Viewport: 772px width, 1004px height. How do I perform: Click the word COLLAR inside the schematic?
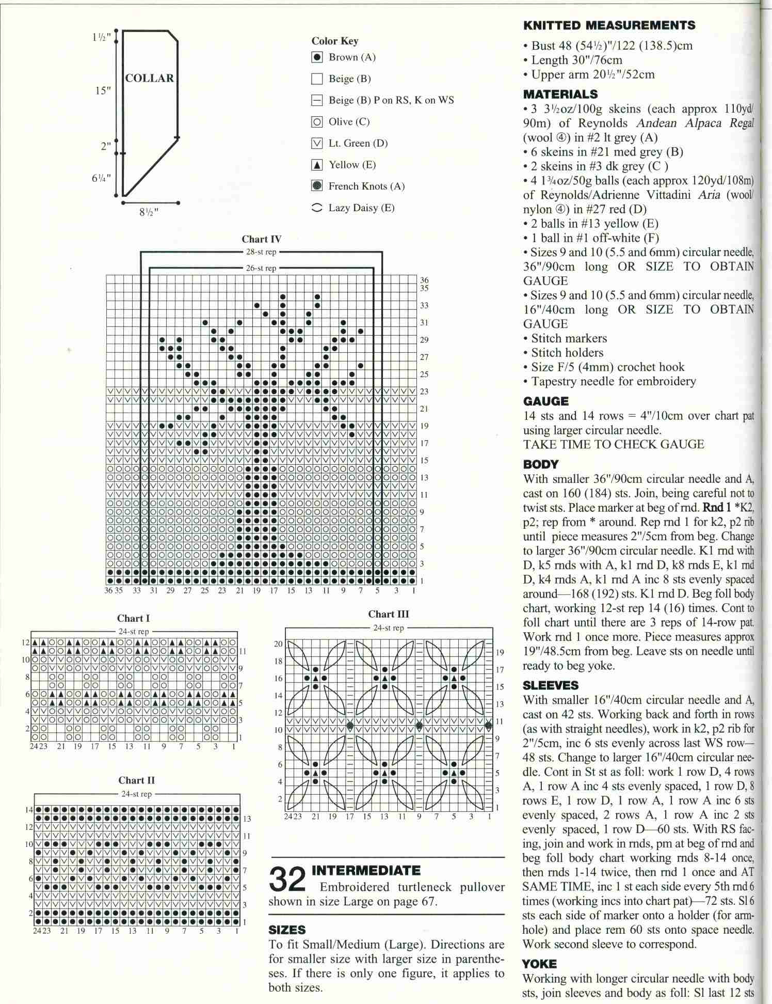tap(150, 79)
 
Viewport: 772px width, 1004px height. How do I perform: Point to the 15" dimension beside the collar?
tap(103, 91)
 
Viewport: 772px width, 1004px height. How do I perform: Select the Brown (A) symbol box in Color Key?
tap(317, 57)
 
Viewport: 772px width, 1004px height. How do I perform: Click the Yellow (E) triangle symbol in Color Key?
tap(317, 165)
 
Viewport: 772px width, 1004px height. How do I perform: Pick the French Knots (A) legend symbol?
tap(317, 186)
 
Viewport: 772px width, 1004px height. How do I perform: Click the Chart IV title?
tap(262, 239)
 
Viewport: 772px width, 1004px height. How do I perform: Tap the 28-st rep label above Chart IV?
tap(261, 252)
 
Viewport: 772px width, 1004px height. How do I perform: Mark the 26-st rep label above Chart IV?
tap(261, 268)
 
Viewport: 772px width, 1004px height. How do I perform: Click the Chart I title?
tap(133, 618)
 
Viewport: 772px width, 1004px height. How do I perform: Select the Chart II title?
tap(136, 780)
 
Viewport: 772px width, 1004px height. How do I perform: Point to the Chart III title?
tap(389, 614)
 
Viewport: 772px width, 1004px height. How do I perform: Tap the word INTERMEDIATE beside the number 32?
tap(366, 871)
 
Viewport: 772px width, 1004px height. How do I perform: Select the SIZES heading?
tap(287, 930)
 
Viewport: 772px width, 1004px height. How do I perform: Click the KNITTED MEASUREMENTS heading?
tap(609, 25)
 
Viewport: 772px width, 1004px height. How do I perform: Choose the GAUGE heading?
tap(545, 401)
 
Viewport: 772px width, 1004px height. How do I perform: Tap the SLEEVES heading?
tap(551, 685)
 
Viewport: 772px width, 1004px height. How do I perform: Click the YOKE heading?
tap(540, 964)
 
